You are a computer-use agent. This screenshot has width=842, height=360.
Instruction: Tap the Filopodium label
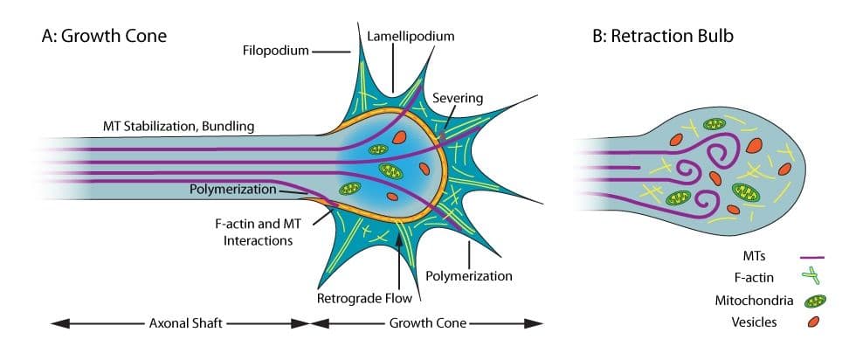point(276,51)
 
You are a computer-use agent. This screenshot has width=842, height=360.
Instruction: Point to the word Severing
point(459,98)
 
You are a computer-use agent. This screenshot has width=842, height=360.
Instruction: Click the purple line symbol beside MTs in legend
point(814,258)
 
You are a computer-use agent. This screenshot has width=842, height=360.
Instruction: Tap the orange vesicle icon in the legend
point(814,323)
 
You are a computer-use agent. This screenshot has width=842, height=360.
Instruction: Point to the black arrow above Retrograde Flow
point(401,253)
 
